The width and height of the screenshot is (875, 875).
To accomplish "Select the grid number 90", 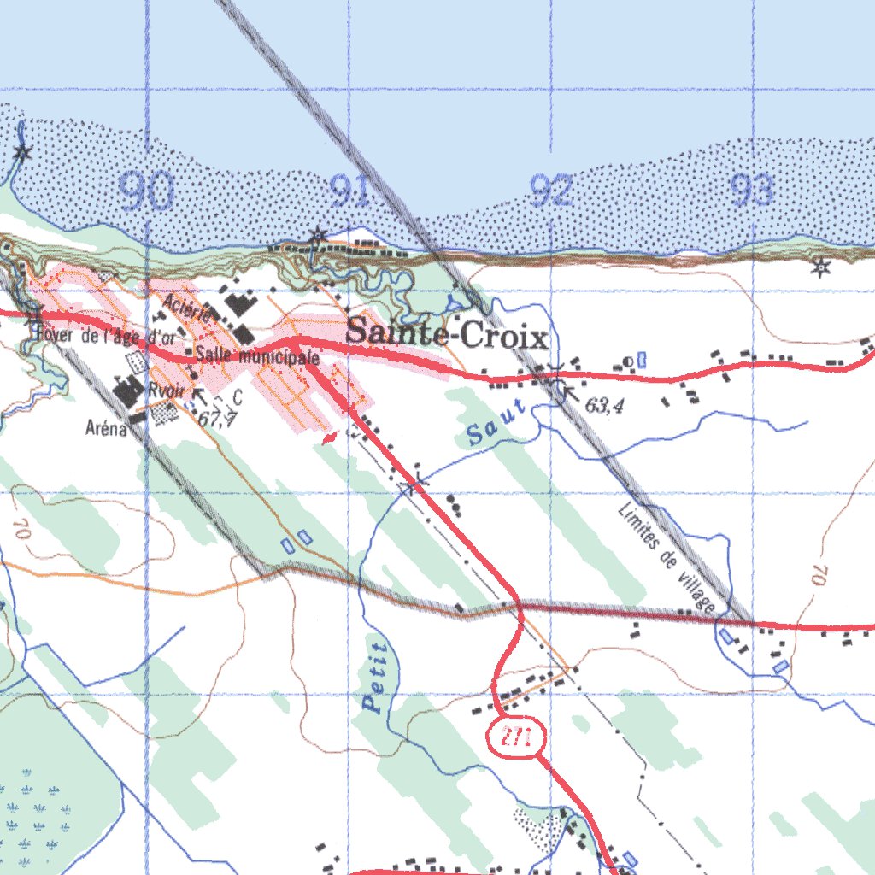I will click(146, 192).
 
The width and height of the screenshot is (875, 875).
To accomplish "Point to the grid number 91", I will click(349, 192).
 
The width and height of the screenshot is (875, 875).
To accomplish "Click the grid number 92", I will click(551, 192).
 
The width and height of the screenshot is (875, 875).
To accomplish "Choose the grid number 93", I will click(753, 192).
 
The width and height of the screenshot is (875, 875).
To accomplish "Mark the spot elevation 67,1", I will click(216, 419).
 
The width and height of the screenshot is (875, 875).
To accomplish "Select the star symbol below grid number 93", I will click(821, 267).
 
